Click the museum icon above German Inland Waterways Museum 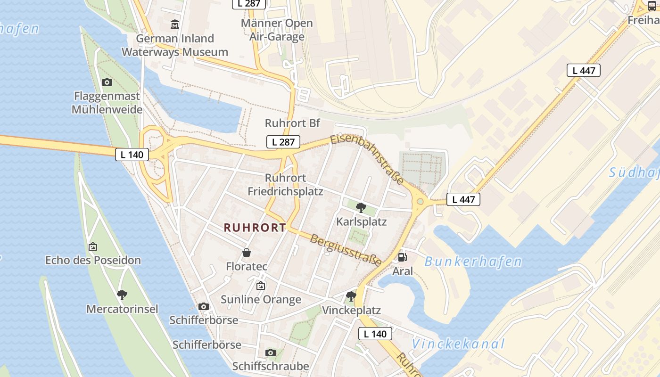pyautogui.click(x=175, y=24)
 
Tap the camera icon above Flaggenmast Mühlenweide pyautogui.click(x=107, y=82)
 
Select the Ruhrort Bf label pyautogui.click(x=292, y=123)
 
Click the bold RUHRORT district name pyautogui.click(x=255, y=228)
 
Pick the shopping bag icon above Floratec pyautogui.click(x=247, y=253)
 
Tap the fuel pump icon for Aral pyautogui.click(x=402, y=257)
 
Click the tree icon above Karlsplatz pyautogui.click(x=361, y=207)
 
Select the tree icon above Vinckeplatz pyautogui.click(x=351, y=296)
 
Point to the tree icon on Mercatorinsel pyautogui.click(x=122, y=295)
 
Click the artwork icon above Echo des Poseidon pyautogui.click(x=93, y=246)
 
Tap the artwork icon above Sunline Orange pyautogui.click(x=261, y=286)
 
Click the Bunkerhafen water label pyautogui.click(x=473, y=262)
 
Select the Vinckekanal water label pyautogui.click(x=458, y=344)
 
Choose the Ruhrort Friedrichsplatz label pyautogui.click(x=286, y=185)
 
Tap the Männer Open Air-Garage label pyautogui.click(x=277, y=30)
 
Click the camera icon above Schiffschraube pyautogui.click(x=271, y=352)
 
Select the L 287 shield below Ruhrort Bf pyautogui.click(x=283, y=142)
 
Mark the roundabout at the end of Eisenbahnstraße pyautogui.click(x=420, y=202)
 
